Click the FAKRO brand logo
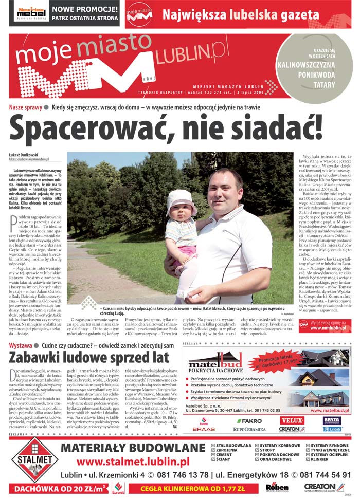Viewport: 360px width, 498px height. click(249, 420)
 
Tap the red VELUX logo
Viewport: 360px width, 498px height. click(292, 420)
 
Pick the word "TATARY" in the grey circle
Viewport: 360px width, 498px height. click(324, 84)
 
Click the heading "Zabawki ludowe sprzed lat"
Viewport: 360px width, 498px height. click(89, 356)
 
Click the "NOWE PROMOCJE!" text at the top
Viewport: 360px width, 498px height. click(84, 9)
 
